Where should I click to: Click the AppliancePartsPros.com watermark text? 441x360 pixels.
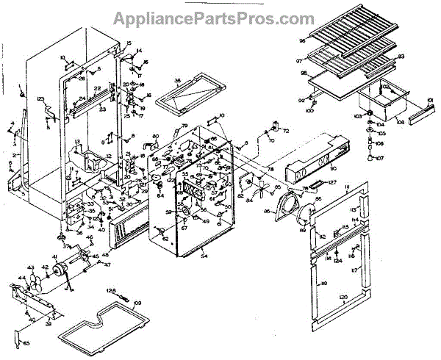(x=220, y=18)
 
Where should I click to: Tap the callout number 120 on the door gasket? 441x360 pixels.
(x=343, y=296)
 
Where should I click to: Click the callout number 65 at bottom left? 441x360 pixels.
(x=26, y=343)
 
